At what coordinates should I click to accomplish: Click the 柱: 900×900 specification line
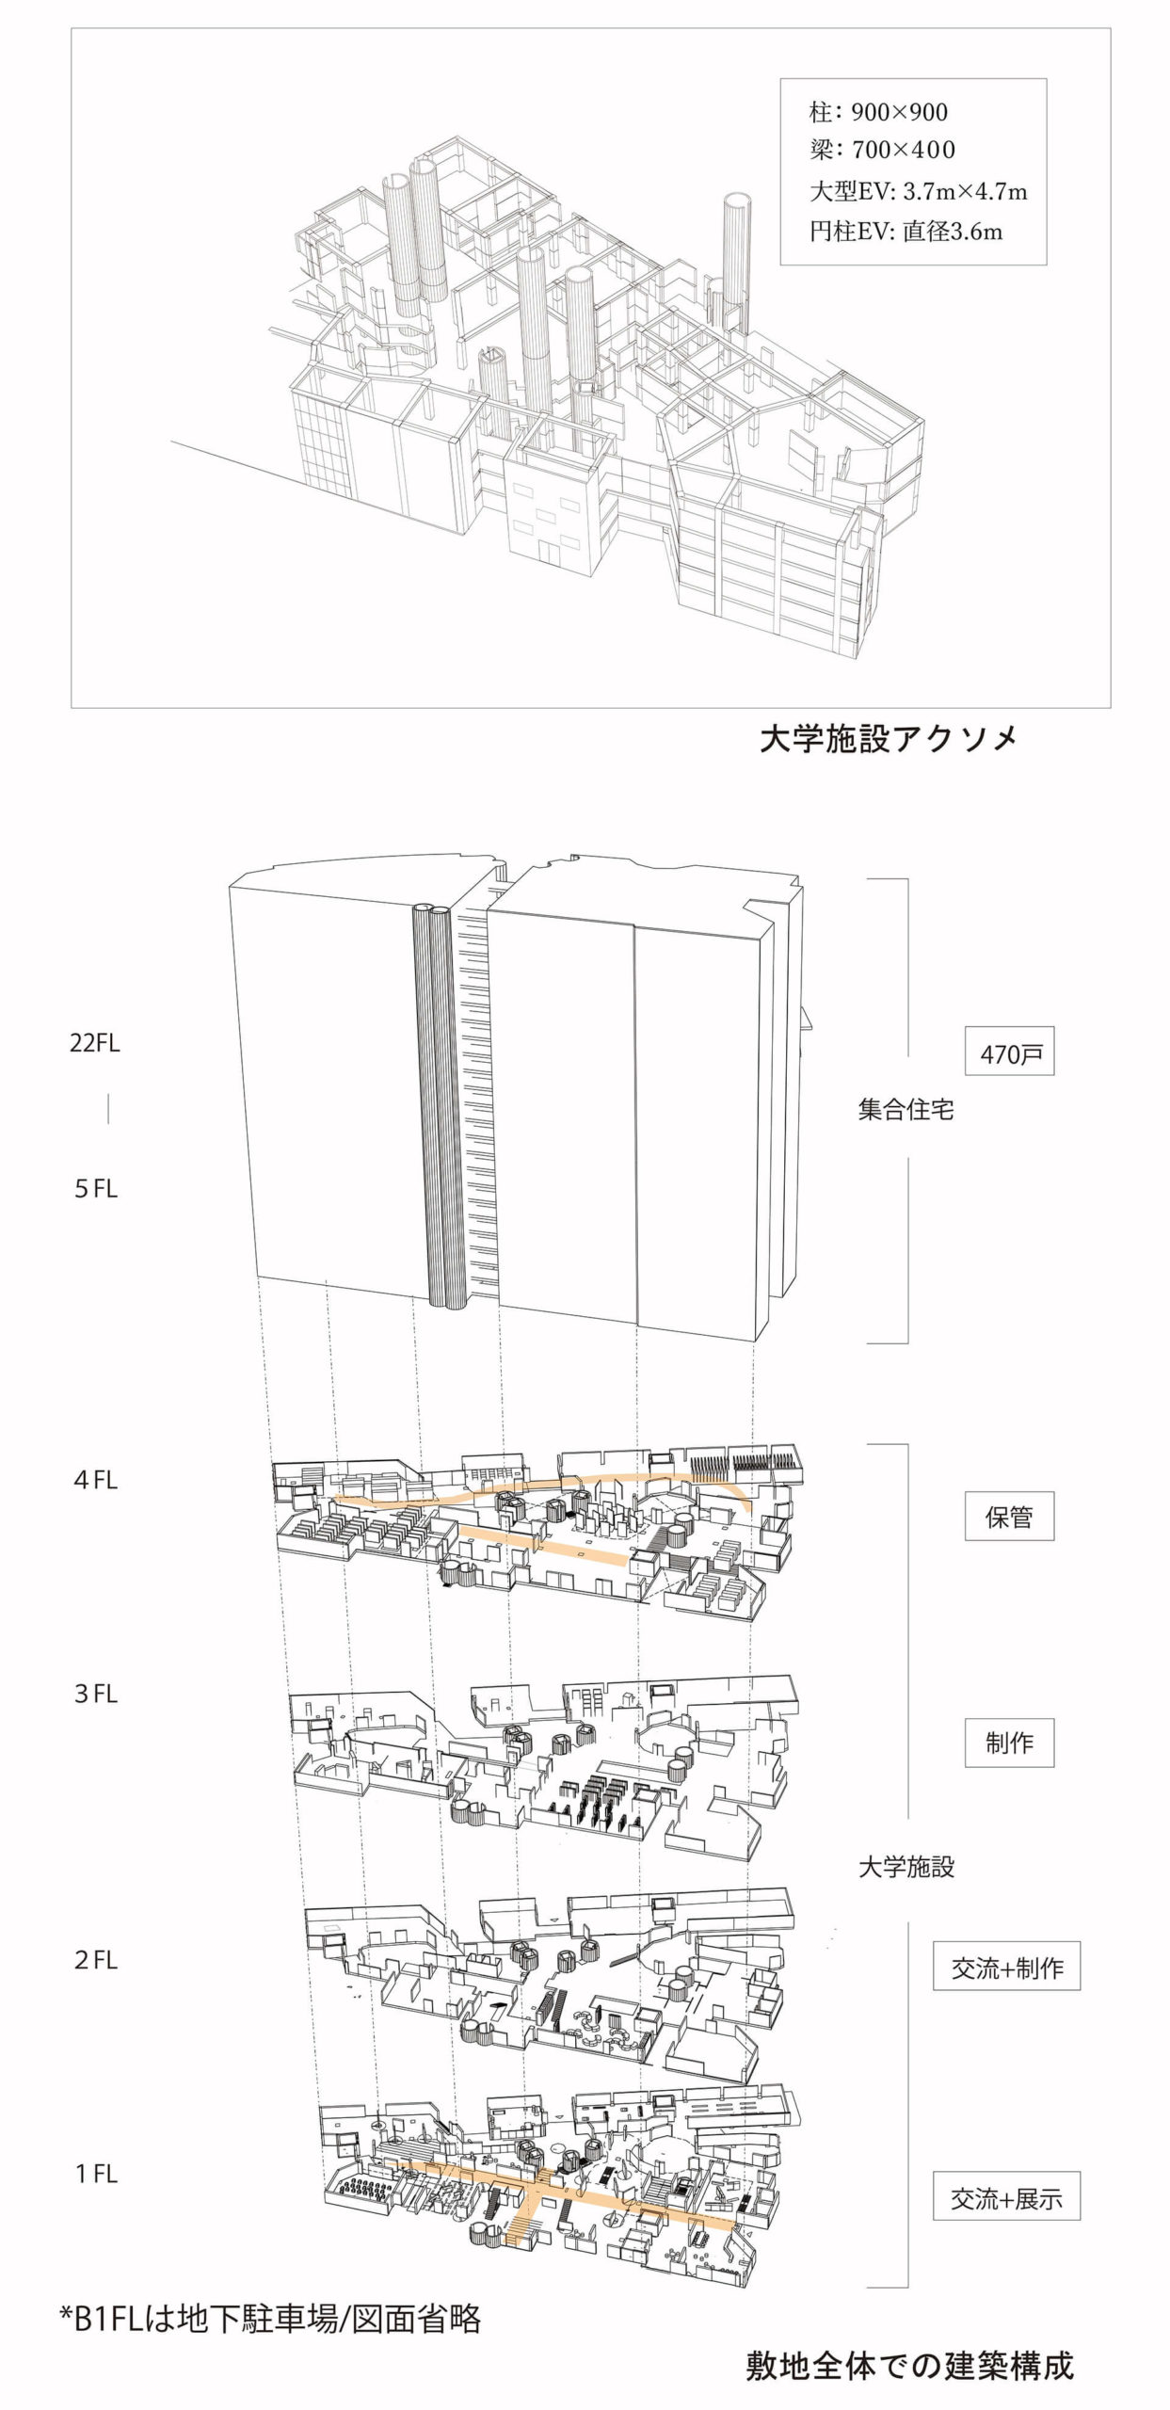coord(878,113)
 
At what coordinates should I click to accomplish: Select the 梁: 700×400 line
coord(882,150)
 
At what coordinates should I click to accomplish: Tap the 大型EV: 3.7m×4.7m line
coord(918,192)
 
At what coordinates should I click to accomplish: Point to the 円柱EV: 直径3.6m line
coord(906,232)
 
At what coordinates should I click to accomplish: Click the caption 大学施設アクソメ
coord(888,739)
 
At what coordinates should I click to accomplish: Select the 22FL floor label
coord(95,1043)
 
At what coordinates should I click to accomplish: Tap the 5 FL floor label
coord(96,1189)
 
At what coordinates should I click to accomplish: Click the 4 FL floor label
coord(96,1480)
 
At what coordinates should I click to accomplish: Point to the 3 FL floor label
coord(96,1694)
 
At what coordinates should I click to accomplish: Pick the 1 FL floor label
coord(96,2174)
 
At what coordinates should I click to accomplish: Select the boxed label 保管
coord(1009,1517)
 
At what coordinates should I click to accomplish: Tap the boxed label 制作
coord(1009,1743)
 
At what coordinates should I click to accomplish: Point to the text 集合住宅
coord(906,1110)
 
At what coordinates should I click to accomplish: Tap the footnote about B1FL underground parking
coord(271,2318)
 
